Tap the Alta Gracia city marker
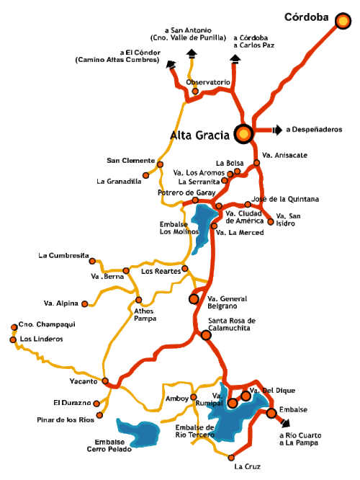pos(243,133)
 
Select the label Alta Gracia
pos(199,134)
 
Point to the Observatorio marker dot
pos(194,92)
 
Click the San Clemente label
pos(130,160)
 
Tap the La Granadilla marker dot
pos(146,174)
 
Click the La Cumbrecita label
pos(64,256)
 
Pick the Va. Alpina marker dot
pos(84,303)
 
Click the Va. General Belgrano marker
pos(193,298)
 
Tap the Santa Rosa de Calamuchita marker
pos(207,335)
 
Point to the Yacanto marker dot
pos(105,381)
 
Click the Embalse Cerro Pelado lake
pos(138,433)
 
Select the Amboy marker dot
pos(194,397)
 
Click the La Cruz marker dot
pos(232,456)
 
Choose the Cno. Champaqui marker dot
pos(14,326)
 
